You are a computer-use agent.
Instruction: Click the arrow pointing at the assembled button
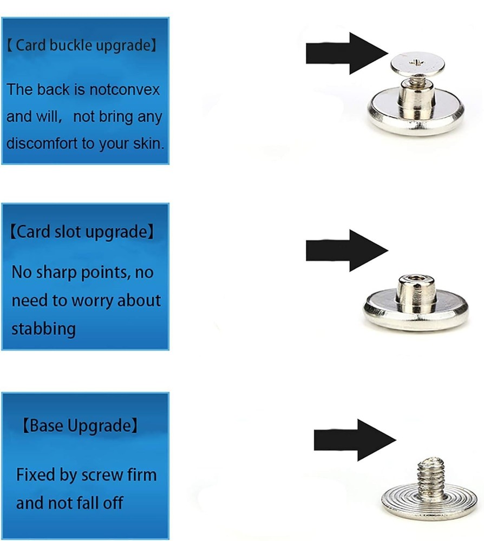(347, 53)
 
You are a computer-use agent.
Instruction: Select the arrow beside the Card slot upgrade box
(347, 250)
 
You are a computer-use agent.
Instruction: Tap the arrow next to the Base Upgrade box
(355, 440)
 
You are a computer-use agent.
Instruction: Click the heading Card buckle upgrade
(81, 45)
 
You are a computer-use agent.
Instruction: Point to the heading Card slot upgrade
(81, 232)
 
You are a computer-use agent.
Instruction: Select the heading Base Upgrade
(80, 425)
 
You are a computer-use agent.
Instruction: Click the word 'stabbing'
(43, 329)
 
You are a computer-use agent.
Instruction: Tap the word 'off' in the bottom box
(113, 503)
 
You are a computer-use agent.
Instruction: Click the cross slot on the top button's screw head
(416, 62)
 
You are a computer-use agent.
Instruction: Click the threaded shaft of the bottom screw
(429, 476)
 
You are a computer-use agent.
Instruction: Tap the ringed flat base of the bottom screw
(429, 502)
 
